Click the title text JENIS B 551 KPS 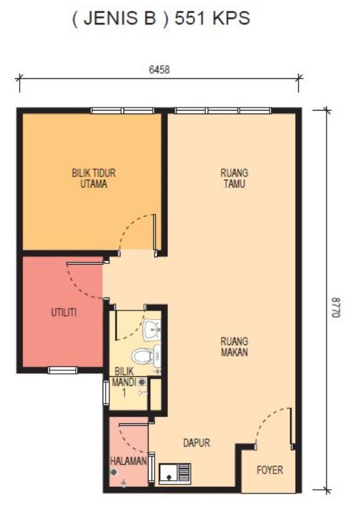click(x=161, y=18)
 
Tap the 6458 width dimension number click(x=160, y=70)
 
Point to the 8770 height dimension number click(x=336, y=307)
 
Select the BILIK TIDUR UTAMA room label click(x=94, y=178)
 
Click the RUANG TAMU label click(x=234, y=178)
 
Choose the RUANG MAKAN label click(x=234, y=346)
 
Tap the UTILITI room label click(x=64, y=312)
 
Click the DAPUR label click(x=196, y=443)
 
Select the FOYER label click(x=270, y=470)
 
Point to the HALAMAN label click(x=128, y=461)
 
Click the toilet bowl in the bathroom click(x=146, y=356)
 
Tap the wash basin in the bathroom click(x=152, y=329)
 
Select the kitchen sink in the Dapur click(x=175, y=473)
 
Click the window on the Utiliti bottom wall click(x=63, y=370)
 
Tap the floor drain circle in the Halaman click(x=114, y=472)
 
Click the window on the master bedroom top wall click(x=122, y=111)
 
